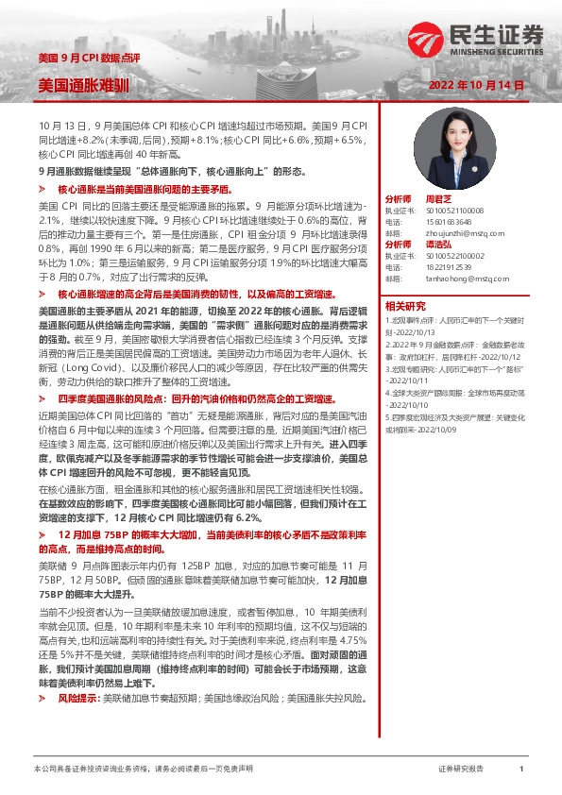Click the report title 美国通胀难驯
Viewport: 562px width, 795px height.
click(76, 85)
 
